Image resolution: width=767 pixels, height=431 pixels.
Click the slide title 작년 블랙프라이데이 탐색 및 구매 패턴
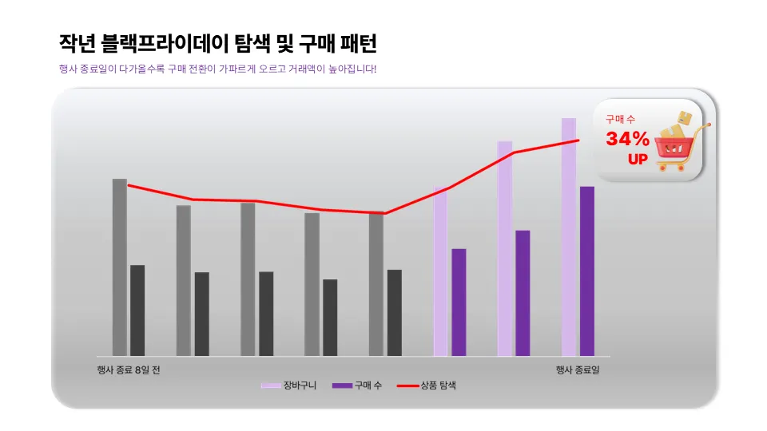(x=217, y=43)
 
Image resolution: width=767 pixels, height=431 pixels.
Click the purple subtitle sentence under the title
(x=217, y=69)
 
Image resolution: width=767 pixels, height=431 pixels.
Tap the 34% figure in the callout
(x=627, y=139)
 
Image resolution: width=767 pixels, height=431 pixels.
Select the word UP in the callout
(x=638, y=159)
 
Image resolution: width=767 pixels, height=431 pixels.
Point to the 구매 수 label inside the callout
(x=620, y=119)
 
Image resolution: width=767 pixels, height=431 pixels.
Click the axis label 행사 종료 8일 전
(x=128, y=370)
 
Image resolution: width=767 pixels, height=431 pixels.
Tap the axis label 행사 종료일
(x=578, y=370)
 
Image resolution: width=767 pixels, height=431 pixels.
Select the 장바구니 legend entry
(x=289, y=386)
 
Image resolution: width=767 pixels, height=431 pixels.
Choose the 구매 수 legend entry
(x=357, y=386)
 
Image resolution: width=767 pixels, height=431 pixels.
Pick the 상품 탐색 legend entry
(x=427, y=386)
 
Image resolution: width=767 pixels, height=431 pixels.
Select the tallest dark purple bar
(x=587, y=271)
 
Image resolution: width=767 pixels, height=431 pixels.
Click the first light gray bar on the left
(x=120, y=267)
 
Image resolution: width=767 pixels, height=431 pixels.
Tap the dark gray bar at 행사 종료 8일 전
(x=137, y=310)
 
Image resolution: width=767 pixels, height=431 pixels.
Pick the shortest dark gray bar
(x=330, y=318)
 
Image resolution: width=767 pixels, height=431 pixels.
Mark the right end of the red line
(x=578, y=140)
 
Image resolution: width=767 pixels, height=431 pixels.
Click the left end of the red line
(x=129, y=185)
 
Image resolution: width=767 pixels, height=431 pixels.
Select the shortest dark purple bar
(x=459, y=302)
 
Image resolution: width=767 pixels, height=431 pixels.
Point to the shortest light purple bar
(x=440, y=272)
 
